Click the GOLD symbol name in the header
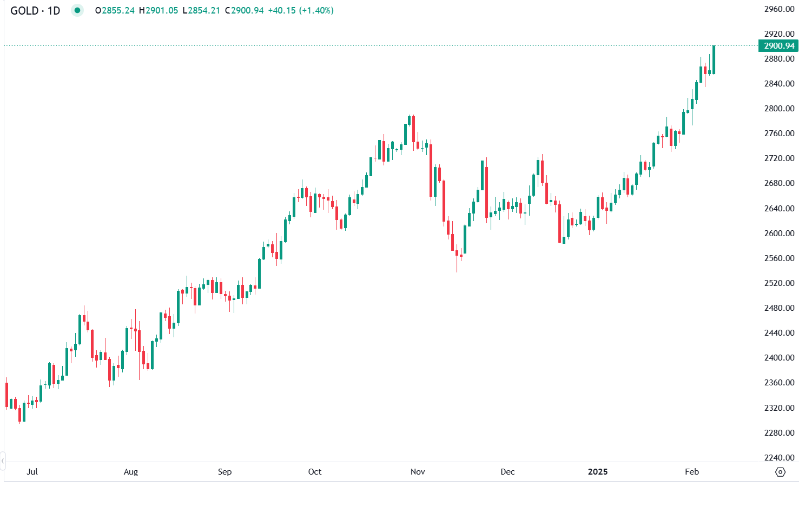pos(24,10)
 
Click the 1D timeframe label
pos(54,10)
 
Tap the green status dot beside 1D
pos(77,10)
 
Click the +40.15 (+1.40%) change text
pos(301,10)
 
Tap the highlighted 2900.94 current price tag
pos(779,46)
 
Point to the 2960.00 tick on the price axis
pos(779,9)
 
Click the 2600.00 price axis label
pos(779,234)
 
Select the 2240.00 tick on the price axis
pos(779,458)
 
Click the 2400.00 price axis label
pos(779,358)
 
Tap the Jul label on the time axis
pos(32,472)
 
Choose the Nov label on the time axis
pos(418,472)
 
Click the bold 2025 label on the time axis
pos(598,472)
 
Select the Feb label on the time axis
pos(692,472)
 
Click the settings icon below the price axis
pos(780,472)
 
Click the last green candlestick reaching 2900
pos(714,59)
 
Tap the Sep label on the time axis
pos(224,472)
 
